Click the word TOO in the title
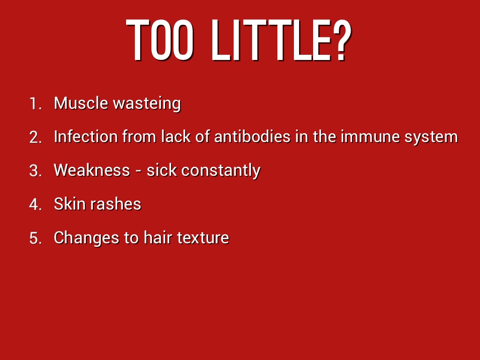point(160,40)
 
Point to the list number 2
point(36,137)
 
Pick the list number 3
point(36,171)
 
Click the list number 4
point(36,204)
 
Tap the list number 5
point(36,238)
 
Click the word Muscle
point(81,103)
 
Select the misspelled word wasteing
point(147,104)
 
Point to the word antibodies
point(252,136)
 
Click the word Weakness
point(92,170)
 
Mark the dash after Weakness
point(138,172)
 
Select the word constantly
point(221,171)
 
